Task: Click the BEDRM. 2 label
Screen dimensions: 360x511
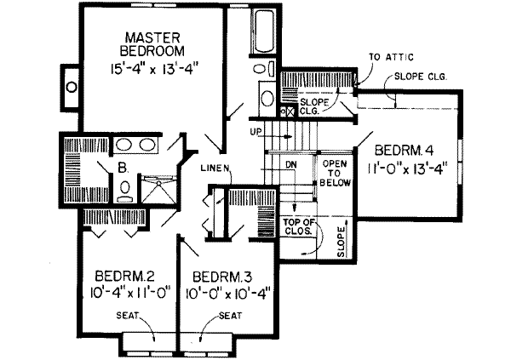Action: (124, 277)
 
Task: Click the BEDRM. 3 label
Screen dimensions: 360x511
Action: (222, 277)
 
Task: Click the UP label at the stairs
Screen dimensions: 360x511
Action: (255, 132)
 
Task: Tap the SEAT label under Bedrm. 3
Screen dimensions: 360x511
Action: (228, 314)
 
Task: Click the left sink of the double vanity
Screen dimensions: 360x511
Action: (124, 144)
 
